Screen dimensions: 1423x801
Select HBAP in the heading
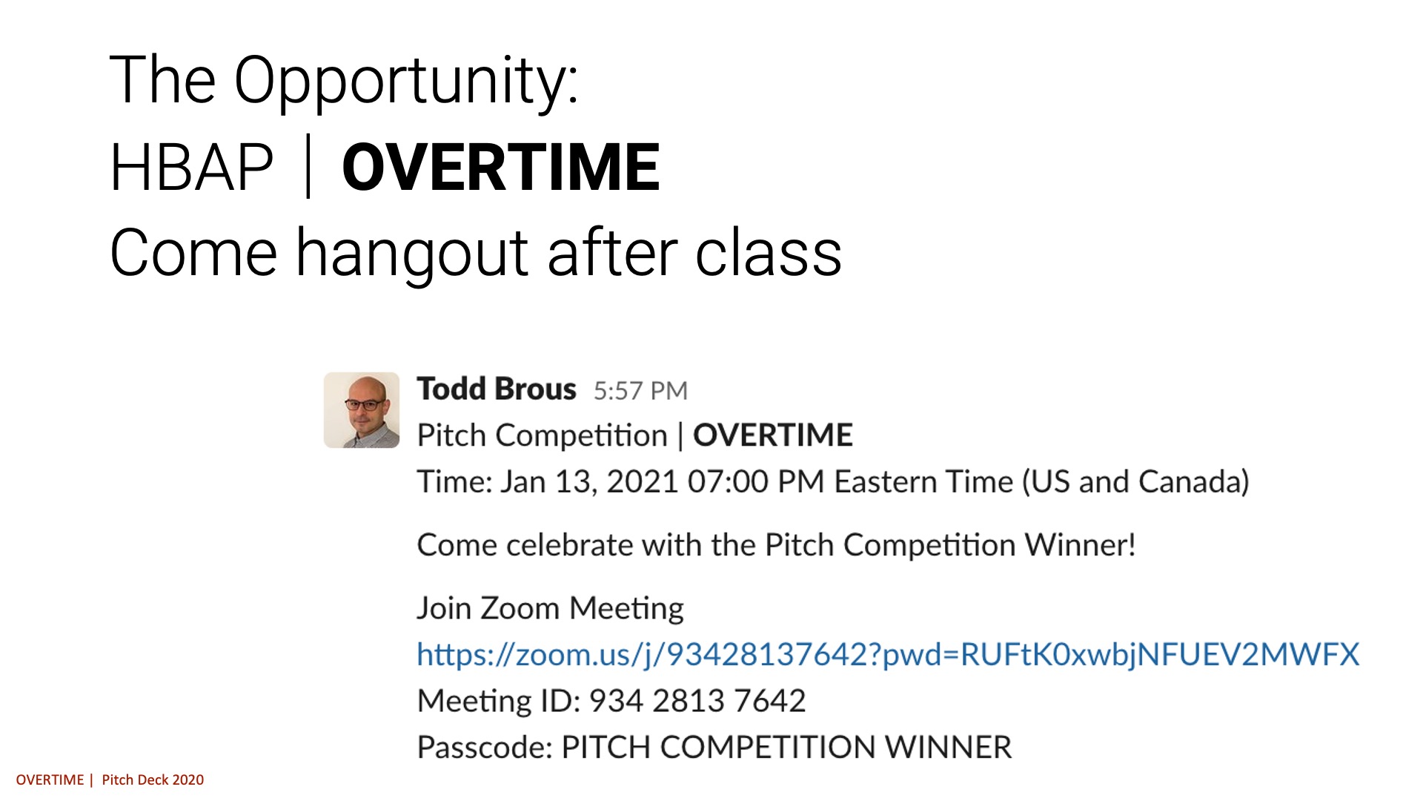click(191, 168)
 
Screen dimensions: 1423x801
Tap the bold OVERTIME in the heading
click(500, 168)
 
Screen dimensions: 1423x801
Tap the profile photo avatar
click(362, 410)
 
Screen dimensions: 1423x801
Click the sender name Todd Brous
click(497, 389)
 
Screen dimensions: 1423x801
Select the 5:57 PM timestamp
click(640, 391)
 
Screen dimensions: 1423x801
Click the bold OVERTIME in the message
click(772, 435)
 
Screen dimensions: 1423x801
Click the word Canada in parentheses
click(1189, 482)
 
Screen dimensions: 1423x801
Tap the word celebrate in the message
click(569, 545)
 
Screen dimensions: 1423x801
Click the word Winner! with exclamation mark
click(1080, 545)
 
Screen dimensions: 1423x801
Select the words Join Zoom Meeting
click(550, 608)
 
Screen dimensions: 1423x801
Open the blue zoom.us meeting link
click(888, 654)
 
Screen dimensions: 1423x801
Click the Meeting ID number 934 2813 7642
click(697, 701)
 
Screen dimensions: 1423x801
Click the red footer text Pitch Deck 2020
click(153, 779)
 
